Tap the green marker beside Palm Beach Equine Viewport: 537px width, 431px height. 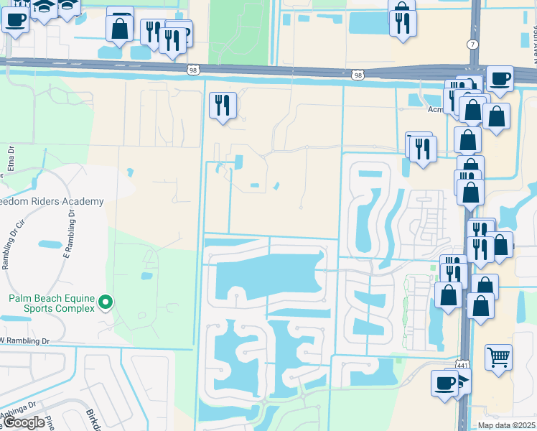[x=106, y=302]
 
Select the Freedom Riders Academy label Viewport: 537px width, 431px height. [x=50, y=202]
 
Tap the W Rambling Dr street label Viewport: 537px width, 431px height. [x=29, y=340]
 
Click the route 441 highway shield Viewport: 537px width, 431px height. [x=462, y=365]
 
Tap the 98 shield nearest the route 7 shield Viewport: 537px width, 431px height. [x=358, y=75]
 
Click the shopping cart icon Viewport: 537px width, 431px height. [x=498, y=356]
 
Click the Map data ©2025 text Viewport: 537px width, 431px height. [x=507, y=425]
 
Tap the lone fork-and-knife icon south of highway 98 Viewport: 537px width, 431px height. [x=222, y=105]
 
